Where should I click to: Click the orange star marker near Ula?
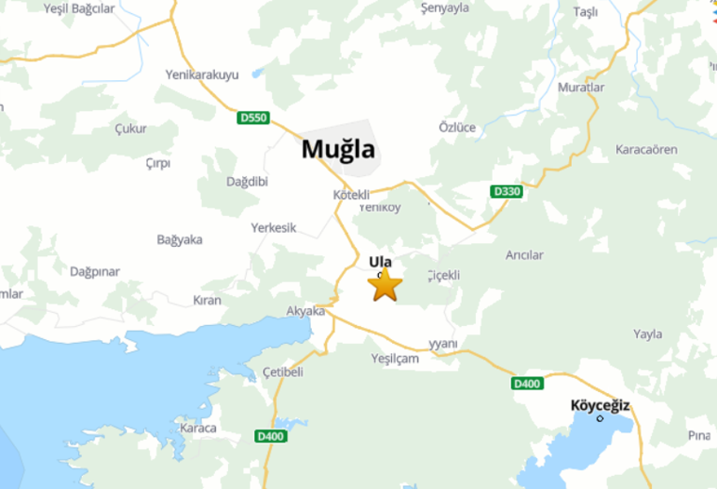385,285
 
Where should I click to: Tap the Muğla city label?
338,149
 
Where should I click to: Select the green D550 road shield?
253,118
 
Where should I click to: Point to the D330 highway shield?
506,191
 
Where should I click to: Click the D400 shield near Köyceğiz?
527,383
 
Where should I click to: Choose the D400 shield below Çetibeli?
270,436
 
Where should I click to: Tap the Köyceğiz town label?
601,405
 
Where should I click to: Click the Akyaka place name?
305,311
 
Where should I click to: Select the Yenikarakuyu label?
202,74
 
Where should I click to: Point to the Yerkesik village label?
273,227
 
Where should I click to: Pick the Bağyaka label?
180,239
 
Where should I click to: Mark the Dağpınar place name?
95,272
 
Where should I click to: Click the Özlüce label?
457,128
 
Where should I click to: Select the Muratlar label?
581,88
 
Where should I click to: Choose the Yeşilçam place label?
395,359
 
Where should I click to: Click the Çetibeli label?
283,373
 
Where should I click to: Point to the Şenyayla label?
444,8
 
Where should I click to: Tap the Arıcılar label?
524,255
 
